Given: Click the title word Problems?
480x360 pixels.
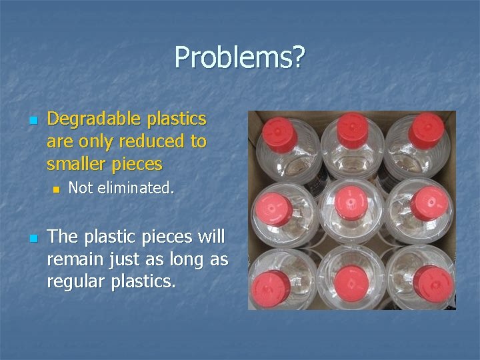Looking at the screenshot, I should (239, 58).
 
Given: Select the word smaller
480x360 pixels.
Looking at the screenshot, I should (77, 163).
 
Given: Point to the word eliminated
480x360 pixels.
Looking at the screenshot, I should (137, 189).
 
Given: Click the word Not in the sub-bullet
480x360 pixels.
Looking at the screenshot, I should (80, 189).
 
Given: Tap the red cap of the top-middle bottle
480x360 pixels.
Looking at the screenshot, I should (351, 128).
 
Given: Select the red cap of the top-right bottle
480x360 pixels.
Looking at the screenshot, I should (426, 129).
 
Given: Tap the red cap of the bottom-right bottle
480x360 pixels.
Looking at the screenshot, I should (431, 283).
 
